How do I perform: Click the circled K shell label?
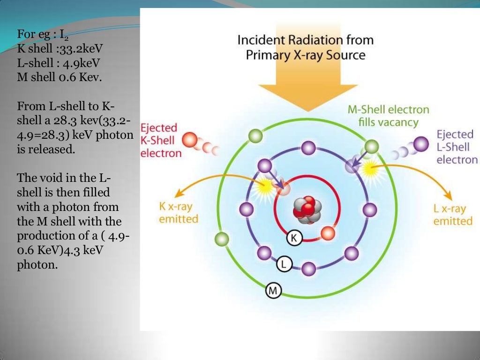point(294,238)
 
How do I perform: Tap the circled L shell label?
point(284,264)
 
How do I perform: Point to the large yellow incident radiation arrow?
point(307,80)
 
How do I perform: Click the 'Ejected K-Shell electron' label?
point(160,140)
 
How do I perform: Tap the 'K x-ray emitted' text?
point(178,212)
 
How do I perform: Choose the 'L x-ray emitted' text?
point(452,214)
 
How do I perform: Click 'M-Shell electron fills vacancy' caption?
point(388,116)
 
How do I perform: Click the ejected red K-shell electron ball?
point(190,140)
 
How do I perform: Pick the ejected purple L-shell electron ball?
point(421,142)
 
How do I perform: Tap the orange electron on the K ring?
point(328,233)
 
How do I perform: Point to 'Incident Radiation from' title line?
point(306,40)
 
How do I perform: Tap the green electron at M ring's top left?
point(255,136)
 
